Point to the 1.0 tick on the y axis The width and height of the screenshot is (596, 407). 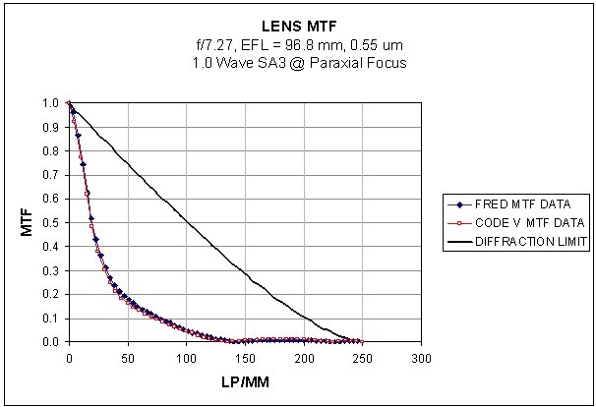coord(51,102)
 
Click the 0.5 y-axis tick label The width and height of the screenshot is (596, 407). coord(51,222)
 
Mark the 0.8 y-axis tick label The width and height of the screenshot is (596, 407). coord(51,150)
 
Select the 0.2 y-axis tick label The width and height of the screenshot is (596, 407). coord(51,294)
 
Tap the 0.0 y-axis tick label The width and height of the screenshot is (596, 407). coord(51,342)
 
